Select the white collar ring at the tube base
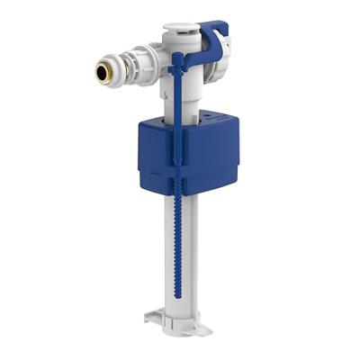tap(178, 314)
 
